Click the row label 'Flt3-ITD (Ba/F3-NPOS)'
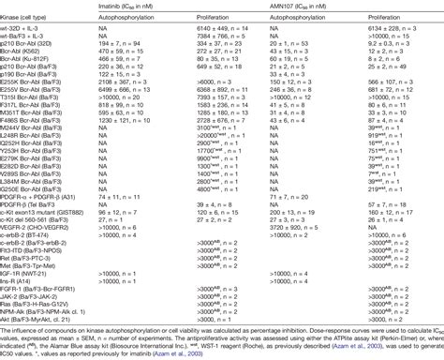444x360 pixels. [x=41, y=253]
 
